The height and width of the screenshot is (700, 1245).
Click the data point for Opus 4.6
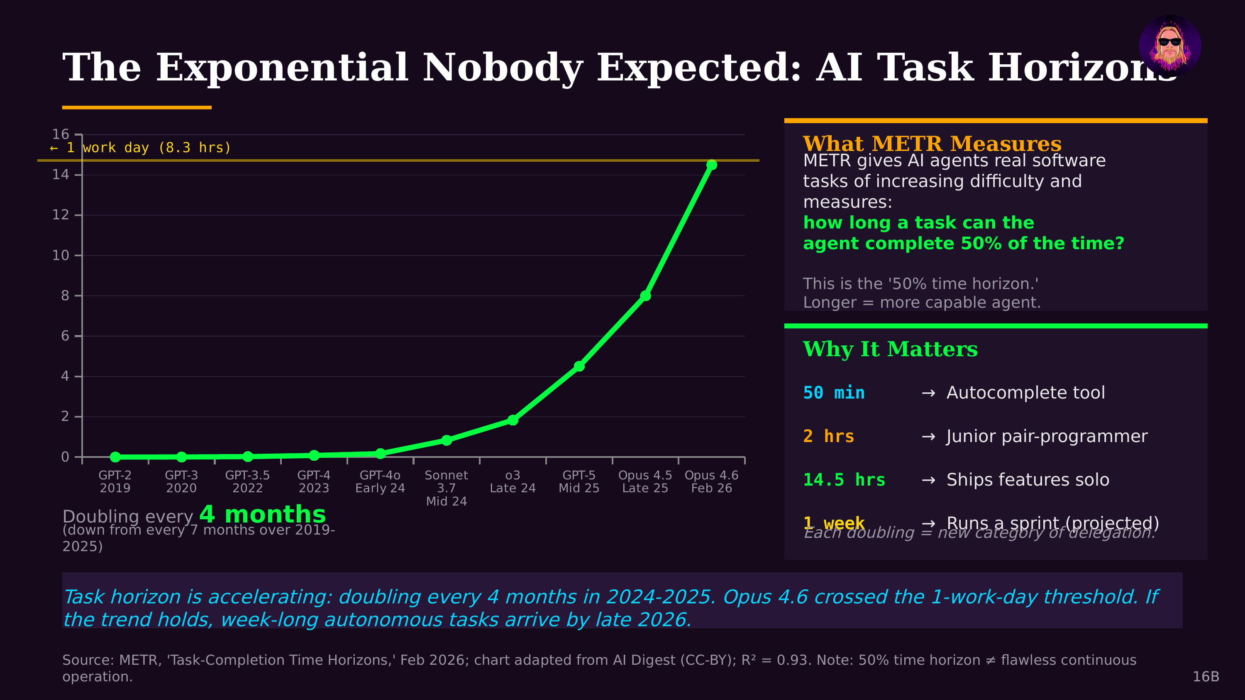point(711,165)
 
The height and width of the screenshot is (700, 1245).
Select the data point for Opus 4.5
point(645,296)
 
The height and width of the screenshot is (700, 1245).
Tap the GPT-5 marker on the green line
point(579,366)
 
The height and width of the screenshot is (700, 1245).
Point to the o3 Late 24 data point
point(513,420)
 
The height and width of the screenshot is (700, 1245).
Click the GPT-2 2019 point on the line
point(115,457)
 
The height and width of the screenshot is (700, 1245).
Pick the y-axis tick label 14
point(61,175)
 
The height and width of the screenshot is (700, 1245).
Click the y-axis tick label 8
point(65,295)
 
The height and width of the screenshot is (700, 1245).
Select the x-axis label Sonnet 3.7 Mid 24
point(446,488)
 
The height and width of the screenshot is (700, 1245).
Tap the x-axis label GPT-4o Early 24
point(380,481)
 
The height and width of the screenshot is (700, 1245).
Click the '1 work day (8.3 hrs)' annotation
point(141,148)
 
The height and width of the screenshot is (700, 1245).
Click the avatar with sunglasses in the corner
point(1169,46)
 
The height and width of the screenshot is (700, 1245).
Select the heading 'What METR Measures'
point(932,143)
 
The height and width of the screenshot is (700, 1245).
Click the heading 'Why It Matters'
point(890,349)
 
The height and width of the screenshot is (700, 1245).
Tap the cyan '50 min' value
point(834,393)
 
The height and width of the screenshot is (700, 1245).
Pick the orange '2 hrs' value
point(828,436)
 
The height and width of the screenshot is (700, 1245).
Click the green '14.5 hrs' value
point(844,480)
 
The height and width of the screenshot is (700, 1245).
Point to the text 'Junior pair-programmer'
point(1046,436)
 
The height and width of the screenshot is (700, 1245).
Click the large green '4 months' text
point(262,514)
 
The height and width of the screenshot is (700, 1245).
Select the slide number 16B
point(1206,676)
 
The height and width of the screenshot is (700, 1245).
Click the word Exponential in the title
point(282,68)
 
